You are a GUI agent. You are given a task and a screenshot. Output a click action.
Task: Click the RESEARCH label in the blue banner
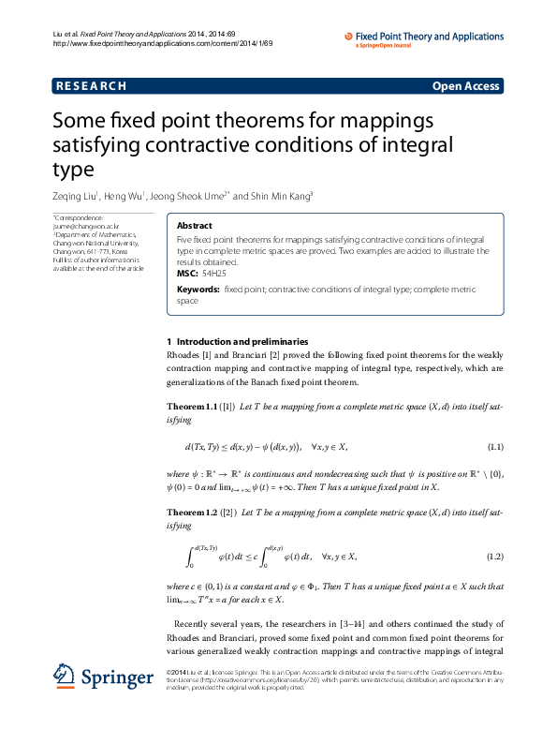(92, 86)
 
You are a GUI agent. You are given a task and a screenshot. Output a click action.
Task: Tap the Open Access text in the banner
(465, 86)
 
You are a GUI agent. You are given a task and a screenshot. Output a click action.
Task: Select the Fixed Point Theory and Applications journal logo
(423, 38)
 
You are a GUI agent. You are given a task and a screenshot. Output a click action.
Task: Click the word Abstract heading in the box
(194, 226)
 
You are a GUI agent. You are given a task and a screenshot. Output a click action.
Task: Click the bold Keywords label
(198, 290)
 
